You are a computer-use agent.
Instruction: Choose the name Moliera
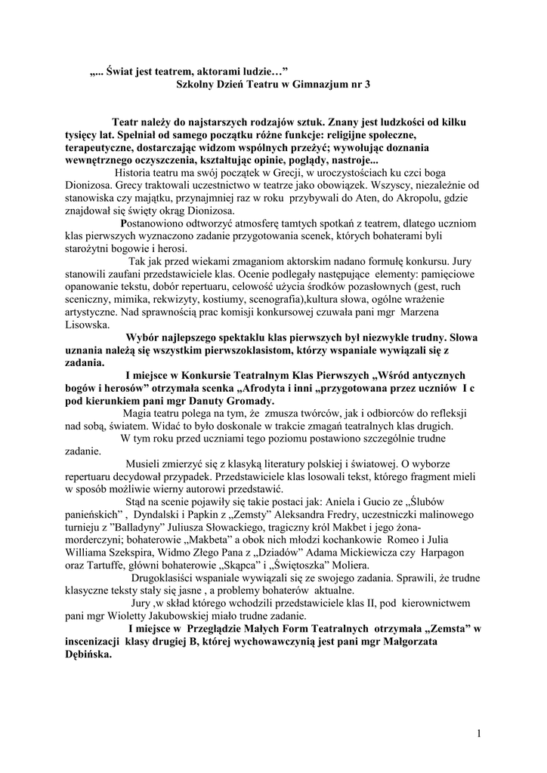pyautogui.click(x=346, y=566)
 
